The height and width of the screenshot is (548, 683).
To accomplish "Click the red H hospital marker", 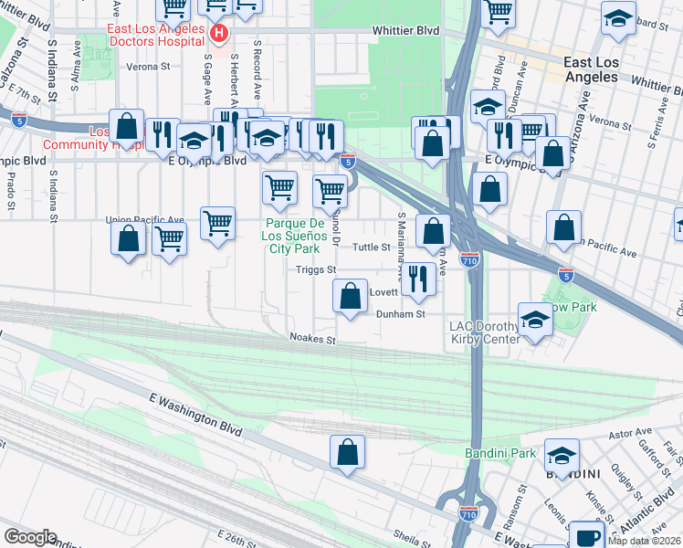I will (x=218, y=35).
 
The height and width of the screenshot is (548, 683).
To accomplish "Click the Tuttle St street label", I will (x=372, y=248).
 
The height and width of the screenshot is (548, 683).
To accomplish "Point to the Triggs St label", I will (x=317, y=270).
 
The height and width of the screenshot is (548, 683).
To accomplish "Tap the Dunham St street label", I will (x=401, y=314).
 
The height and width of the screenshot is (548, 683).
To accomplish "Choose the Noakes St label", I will (x=313, y=340).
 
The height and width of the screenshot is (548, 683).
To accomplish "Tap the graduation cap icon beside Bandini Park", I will (x=562, y=456).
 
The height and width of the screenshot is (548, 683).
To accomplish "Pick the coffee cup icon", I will (x=585, y=536).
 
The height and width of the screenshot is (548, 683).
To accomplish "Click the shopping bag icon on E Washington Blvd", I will (x=348, y=451).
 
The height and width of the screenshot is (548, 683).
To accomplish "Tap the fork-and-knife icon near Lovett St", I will (x=418, y=279).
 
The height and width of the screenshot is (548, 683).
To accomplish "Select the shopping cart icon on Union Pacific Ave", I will (x=217, y=223).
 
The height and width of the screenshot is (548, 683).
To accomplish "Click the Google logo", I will (x=30, y=537).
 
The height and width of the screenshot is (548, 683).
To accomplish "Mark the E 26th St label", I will (x=238, y=542).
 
